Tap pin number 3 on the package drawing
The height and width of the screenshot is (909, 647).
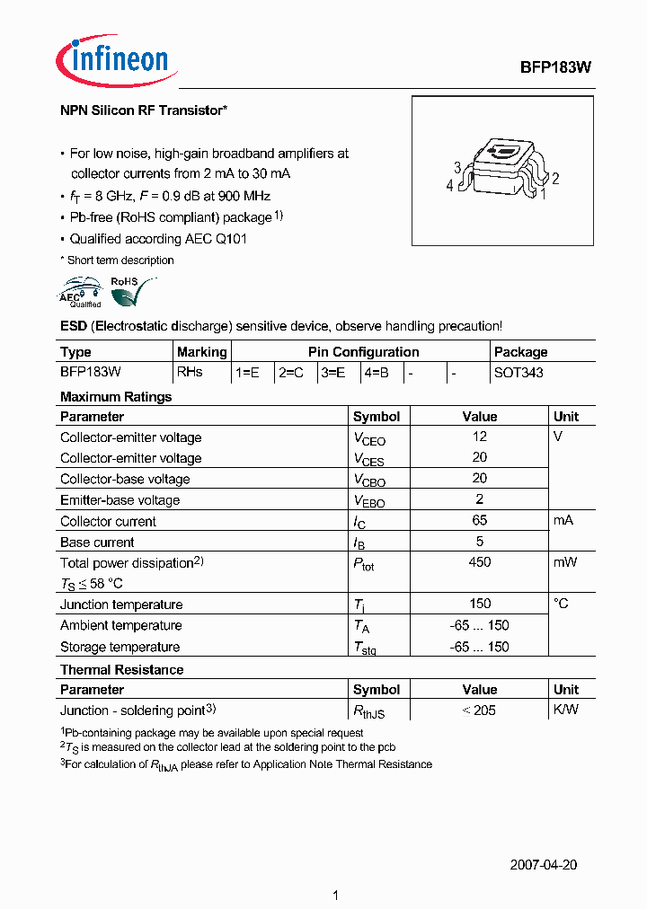(x=457, y=167)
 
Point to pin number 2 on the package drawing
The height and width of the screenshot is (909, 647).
(x=556, y=179)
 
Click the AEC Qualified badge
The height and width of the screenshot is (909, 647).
(x=80, y=294)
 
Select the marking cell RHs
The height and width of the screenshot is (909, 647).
(x=190, y=372)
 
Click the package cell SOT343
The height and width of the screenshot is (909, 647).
(x=518, y=372)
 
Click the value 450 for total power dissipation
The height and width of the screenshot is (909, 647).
(x=480, y=561)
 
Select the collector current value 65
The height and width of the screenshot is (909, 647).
(x=480, y=520)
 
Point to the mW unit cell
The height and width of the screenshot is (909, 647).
(x=565, y=561)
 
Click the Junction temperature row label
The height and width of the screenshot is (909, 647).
(x=121, y=605)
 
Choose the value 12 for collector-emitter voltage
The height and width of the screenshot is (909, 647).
(x=480, y=436)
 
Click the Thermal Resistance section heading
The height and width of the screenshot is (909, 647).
(x=121, y=669)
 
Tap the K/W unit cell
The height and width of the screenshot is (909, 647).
(x=566, y=710)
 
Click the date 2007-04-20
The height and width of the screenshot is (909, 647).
(x=543, y=865)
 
